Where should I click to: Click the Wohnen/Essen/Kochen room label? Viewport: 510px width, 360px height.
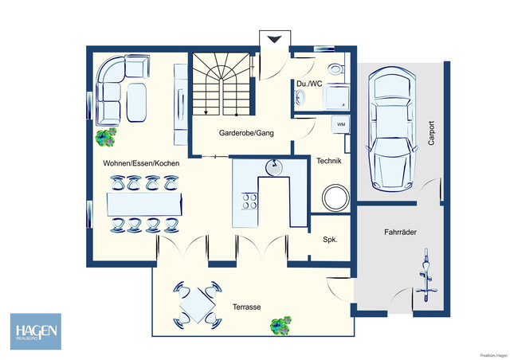(x=141, y=162)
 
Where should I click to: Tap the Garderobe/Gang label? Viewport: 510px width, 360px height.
(x=246, y=133)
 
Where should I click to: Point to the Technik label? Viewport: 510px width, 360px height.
(x=328, y=161)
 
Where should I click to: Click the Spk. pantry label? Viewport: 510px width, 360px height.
(x=329, y=239)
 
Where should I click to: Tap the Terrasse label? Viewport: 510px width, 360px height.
(x=247, y=307)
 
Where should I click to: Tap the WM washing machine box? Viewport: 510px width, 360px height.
(x=340, y=125)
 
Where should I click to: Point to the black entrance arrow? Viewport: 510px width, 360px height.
(x=273, y=39)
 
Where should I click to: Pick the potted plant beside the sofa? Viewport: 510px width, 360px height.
(x=105, y=138)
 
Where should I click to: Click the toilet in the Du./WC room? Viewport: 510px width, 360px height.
(x=337, y=68)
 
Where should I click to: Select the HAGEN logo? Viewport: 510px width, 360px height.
(x=34, y=331)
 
